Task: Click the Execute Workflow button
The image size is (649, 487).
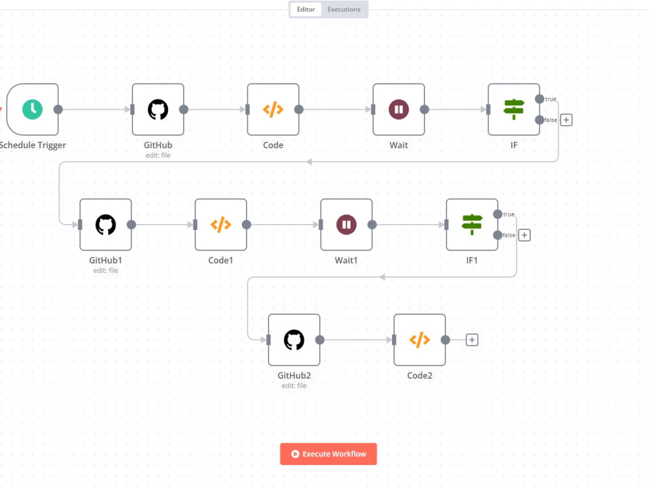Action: (328, 454)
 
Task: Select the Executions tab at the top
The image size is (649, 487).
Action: (344, 9)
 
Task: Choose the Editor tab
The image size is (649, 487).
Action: (306, 9)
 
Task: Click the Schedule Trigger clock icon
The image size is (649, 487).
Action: (32, 109)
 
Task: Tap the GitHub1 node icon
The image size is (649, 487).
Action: (106, 225)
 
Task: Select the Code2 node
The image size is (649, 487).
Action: (420, 340)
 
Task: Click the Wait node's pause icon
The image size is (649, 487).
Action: (398, 109)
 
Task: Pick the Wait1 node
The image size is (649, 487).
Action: (347, 225)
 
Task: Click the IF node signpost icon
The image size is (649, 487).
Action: (513, 109)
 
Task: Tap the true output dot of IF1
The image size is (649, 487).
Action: (498, 214)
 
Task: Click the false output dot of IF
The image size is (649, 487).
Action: (539, 120)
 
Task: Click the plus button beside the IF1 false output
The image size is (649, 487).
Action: (524, 235)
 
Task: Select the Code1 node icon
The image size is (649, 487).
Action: (221, 225)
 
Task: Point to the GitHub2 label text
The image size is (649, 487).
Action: (294, 375)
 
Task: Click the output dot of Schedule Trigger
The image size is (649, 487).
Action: (58, 109)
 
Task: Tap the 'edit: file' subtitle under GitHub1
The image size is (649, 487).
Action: (106, 270)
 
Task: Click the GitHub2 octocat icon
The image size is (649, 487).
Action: (294, 340)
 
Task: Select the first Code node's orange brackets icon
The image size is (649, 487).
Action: (273, 109)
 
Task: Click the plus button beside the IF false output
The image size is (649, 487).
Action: (566, 120)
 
